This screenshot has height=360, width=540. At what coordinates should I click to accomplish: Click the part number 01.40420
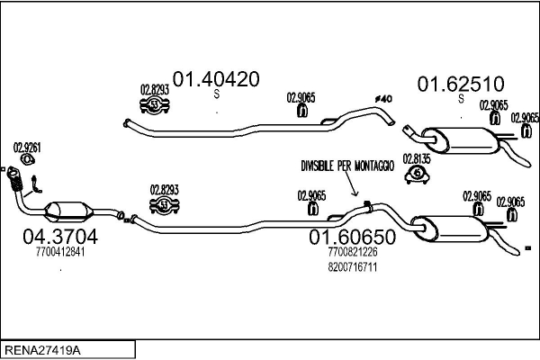pyautogui.click(x=216, y=79)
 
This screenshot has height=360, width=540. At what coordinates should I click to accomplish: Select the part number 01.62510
pyautogui.click(x=461, y=84)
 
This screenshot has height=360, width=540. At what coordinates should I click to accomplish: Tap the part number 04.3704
pyautogui.click(x=60, y=237)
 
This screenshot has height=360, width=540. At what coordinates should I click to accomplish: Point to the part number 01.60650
pyautogui.click(x=352, y=237)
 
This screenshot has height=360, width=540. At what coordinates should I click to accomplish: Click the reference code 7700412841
pyautogui.click(x=60, y=252)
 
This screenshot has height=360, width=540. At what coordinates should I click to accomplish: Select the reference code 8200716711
pyautogui.click(x=352, y=267)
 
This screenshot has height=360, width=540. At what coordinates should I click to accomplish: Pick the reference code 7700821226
pyautogui.click(x=352, y=252)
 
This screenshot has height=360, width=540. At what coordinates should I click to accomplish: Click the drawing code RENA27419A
pyautogui.click(x=42, y=350)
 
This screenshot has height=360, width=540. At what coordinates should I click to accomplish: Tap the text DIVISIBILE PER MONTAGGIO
pyautogui.click(x=347, y=166)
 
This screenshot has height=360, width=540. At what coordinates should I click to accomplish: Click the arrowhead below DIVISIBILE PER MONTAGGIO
pyautogui.click(x=355, y=193)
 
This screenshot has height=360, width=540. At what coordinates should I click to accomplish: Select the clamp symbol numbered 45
pyautogui.click(x=417, y=175)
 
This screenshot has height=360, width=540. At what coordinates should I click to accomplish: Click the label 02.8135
pyautogui.click(x=417, y=159)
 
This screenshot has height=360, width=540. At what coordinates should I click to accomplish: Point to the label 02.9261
pyautogui.click(x=27, y=148)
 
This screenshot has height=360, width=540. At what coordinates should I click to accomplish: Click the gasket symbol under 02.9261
pyautogui.click(x=28, y=160)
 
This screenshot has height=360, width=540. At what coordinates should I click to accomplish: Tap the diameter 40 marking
pyautogui.click(x=383, y=99)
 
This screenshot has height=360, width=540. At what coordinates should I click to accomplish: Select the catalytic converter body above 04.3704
pyautogui.click(x=69, y=211)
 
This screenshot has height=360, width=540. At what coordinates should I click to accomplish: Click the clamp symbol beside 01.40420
pyautogui.click(x=155, y=104)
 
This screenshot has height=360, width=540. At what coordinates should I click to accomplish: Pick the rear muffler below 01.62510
pyautogui.click(x=460, y=141)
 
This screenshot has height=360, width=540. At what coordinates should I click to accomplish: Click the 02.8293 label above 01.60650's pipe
pyautogui.click(x=165, y=190)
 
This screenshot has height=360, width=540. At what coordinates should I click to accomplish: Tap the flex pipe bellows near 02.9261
pyautogui.click(x=15, y=181)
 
